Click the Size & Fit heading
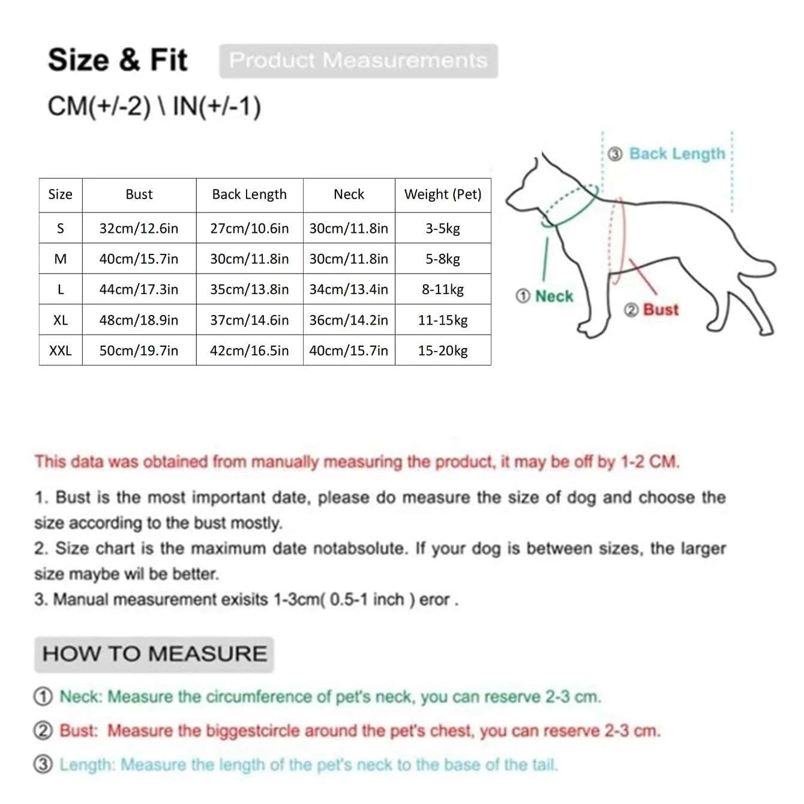click(x=118, y=60)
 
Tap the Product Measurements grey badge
click(x=358, y=61)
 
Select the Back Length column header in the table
click(x=249, y=194)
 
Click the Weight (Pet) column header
click(x=443, y=194)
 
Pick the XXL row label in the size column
click(x=60, y=350)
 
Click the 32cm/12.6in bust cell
click(x=139, y=229)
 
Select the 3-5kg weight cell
click(x=443, y=229)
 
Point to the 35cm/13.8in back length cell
click(x=249, y=289)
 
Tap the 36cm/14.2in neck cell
click(x=349, y=320)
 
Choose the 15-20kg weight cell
click(x=443, y=350)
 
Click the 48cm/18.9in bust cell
click(x=139, y=320)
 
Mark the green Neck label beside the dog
click(x=553, y=296)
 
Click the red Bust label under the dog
click(x=660, y=310)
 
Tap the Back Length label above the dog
click(x=677, y=154)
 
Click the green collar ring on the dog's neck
click(x=570, y=207)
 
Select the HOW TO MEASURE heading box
click(x=154, y=654)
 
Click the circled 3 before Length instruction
click(x=43, y=765)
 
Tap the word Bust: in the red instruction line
click(x=79, y=731)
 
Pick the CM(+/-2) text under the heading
click(x=99, y=107)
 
